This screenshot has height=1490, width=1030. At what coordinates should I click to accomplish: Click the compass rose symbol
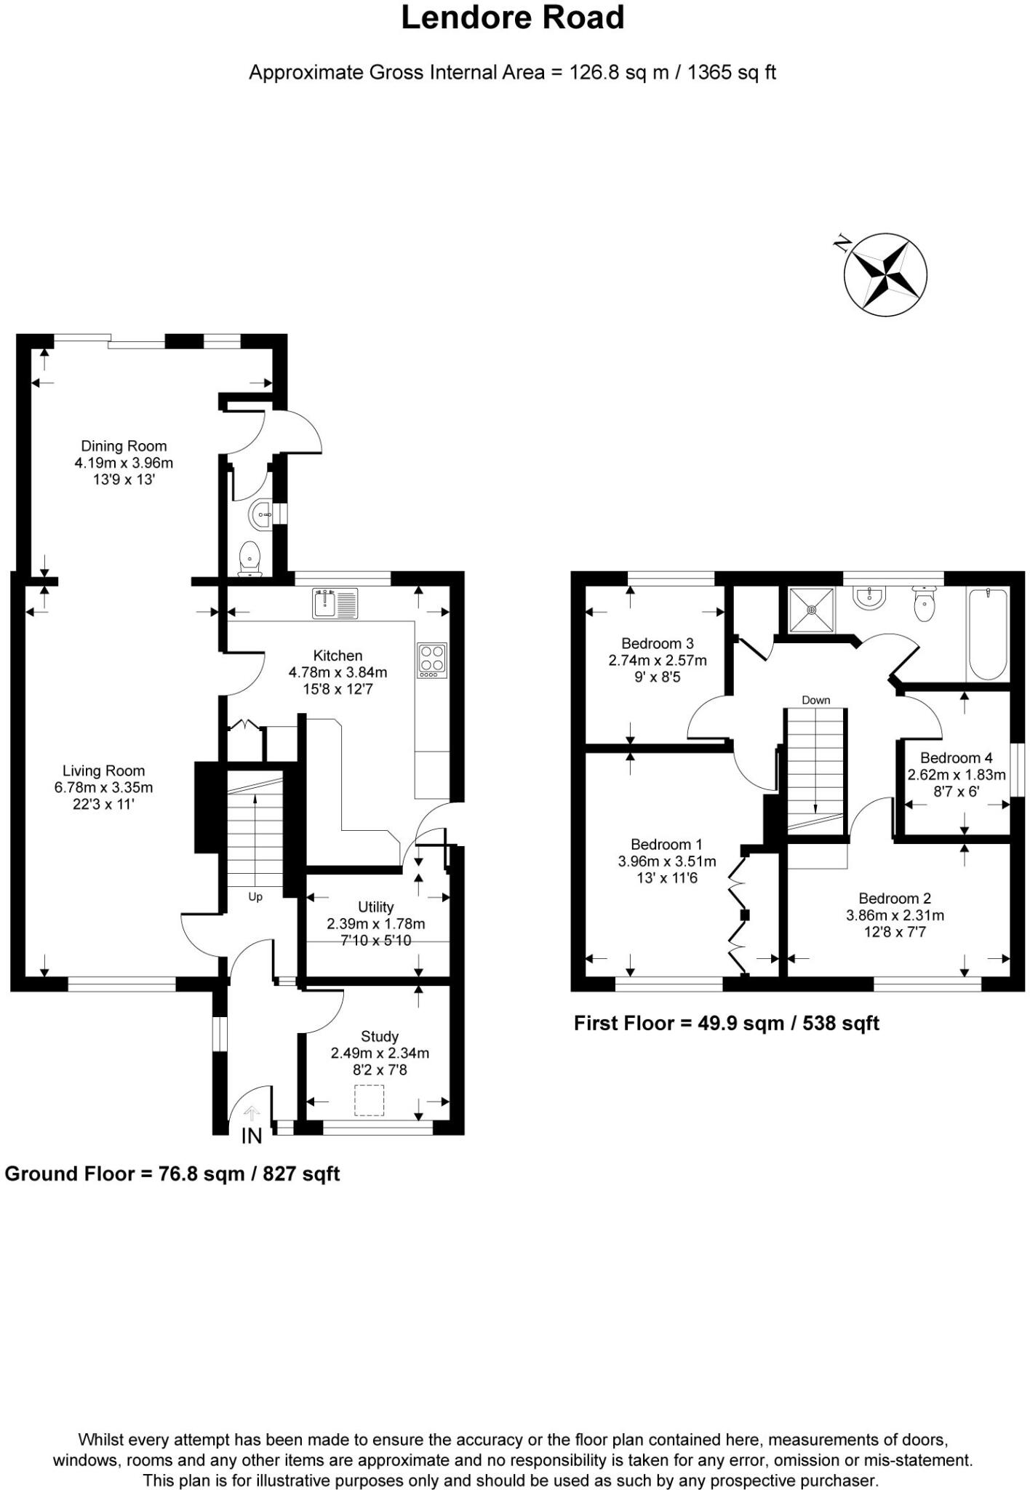point(885,275)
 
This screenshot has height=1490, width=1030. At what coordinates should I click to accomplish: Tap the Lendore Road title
point(513,17)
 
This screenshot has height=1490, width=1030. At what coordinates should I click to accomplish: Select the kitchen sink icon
point(335,603)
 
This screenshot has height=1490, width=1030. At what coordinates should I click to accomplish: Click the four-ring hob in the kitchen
point(433,660)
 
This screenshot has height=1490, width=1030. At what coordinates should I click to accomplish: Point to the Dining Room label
point(124,446)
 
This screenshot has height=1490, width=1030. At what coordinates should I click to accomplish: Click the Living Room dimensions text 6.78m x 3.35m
point(103,787)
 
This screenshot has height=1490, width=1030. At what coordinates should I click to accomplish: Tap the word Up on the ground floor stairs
point(255,897)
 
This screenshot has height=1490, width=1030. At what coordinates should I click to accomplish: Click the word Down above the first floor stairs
point(815,700)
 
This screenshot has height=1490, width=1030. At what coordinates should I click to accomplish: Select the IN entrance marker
point(251,1136)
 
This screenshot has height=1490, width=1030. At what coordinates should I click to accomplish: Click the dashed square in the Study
point(369,1100)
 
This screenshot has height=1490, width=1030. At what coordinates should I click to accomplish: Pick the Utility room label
point(376,907)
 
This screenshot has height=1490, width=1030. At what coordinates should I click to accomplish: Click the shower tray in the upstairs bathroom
point(811,610)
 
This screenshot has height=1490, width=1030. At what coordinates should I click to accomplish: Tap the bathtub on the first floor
point(987,634)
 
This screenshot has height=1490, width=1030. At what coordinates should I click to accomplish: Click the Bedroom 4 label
point(956,757)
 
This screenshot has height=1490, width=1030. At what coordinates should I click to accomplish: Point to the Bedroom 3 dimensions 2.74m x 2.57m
point(658,661)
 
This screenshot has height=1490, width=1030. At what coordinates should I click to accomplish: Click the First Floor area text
point(726,1024)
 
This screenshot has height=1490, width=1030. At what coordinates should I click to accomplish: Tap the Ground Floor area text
point(172,1174)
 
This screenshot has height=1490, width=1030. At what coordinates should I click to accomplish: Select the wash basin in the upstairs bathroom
point(870,598)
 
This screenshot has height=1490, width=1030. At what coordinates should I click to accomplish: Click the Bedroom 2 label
point(895,898)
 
